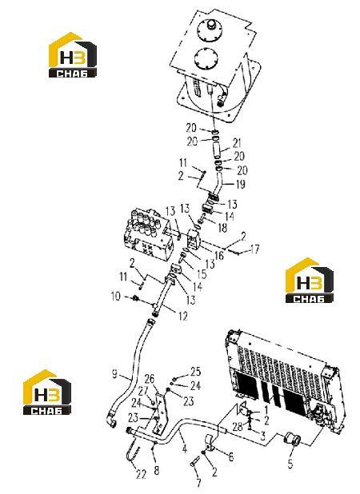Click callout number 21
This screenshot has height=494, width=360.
(237, 143)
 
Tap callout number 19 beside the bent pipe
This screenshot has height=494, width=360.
(241, 184)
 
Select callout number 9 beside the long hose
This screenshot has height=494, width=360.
(114, 373)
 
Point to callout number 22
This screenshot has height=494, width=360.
(142, 474)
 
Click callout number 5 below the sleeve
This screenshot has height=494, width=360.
(290, 464)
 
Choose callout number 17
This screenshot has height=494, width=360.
(254, 249)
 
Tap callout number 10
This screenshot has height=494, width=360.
(116, 296)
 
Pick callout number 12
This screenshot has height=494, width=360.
(183, 316)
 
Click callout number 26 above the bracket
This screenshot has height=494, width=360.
(150, 378)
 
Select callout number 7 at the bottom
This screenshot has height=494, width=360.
(198, 482)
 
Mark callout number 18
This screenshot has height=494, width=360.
(222, 228)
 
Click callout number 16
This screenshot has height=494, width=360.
(219, 255)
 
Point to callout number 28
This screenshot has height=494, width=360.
(238, 426)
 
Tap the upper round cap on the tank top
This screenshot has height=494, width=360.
(210, 30)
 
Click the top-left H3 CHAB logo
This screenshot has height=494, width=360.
(73, 55)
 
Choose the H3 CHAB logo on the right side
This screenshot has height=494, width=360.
(310, 281)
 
